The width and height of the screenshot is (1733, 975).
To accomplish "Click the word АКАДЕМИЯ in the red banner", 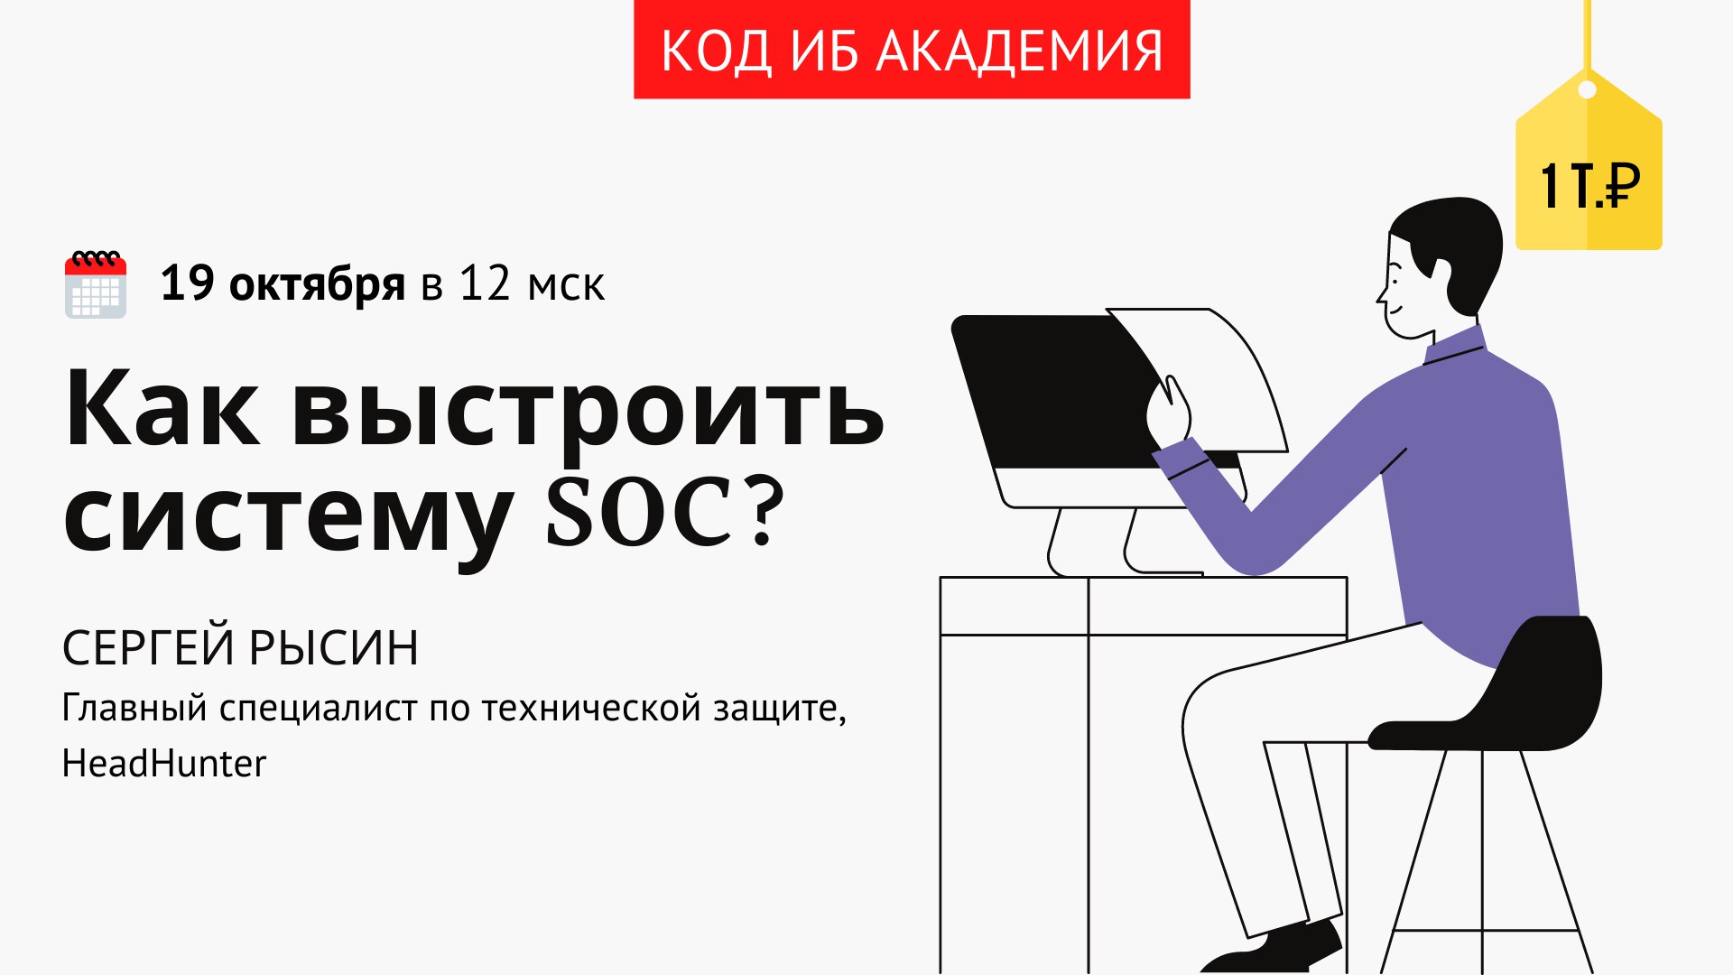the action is pyautogui.click(x=1020, y=51).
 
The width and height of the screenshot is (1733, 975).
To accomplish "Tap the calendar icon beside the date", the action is pyautogui.click(x=96, y=284).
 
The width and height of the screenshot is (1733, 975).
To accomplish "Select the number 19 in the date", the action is pyautogui.click(x=188, y=283).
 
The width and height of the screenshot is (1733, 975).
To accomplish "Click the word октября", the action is pyautogui.click(x=317, y=285).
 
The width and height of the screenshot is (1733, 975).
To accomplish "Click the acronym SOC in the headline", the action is pyautogui.click(x=639, y=511).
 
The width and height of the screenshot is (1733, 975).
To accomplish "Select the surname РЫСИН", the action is pyautogui.click(x=333, y=647).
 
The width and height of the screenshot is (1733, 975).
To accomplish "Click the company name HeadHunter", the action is pyautogui.click(x=164, y=764).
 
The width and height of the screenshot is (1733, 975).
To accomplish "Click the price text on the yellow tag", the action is pyautogui.click(x=1589, y=187).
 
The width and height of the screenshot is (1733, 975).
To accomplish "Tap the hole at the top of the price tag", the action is pyautogui.click(x=1587, y=90).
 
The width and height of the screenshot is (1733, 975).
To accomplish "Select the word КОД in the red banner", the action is pyautogui.click(x=717, y=51).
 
